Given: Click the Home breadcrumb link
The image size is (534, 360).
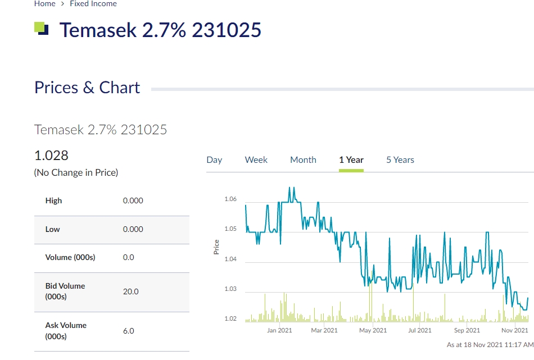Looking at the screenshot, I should pyautogui.click(x=44, y=4).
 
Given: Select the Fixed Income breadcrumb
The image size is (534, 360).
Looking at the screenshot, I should pyautogui.click(x=93, y=4).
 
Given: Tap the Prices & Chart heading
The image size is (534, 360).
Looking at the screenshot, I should pyautogui.click(x=87, y=88).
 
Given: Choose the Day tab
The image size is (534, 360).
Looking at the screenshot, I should pyautogui.click(x=214, y=160).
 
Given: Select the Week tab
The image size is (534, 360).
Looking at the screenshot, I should pyautogui.click(x=256, y=160).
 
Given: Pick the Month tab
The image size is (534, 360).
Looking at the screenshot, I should pyautogui.click(x=303, y=160).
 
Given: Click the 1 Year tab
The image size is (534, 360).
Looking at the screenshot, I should pyautogui.click(x=351, y=160).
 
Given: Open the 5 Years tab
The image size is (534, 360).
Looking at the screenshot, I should pyautogui.click(x=400, y=160).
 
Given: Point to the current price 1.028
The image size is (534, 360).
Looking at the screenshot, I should pyautogui.click(x=52, y=155).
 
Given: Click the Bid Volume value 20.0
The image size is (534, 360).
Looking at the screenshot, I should pyautogui.click(x=130, y=291).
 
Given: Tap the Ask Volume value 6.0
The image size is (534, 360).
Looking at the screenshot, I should pyautogui.click(x=129, y=331).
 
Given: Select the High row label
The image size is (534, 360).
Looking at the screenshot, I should pyautogui.click(x=54, y=200).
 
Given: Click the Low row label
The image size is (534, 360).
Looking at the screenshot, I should pyautogui.click(x=53, y=229).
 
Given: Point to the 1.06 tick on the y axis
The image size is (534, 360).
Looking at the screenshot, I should pyautogui.click(x=230, y=199).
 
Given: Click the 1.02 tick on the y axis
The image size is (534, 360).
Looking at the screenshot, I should pyautogui.click(x=230, y=319).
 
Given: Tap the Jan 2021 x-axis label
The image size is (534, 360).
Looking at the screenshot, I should pyautogui.click(x=279, y=330).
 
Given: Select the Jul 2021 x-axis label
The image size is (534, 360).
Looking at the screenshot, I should pyautogui.click(x=420, y=330).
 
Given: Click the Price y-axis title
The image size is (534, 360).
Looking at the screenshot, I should pyautogui.click(x=216, y=247).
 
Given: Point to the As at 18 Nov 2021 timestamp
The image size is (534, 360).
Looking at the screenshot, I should pyautogui.click(x=490, y=344).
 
